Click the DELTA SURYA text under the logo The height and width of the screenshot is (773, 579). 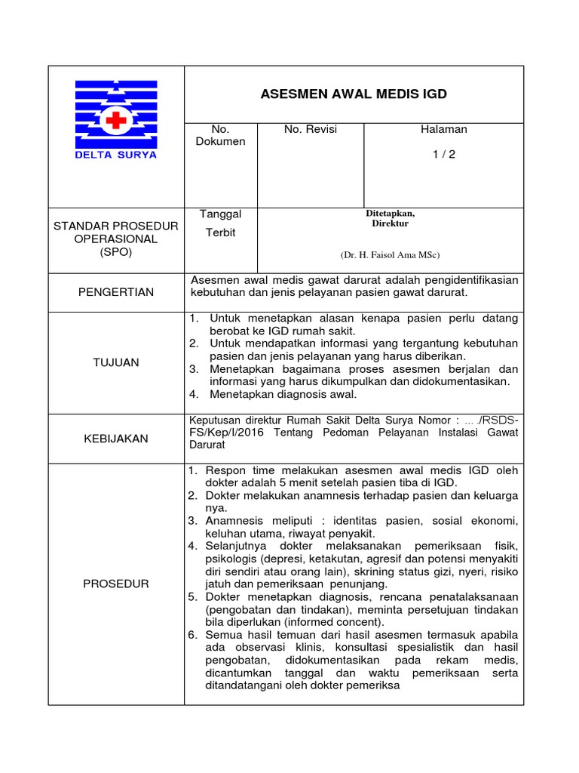(x=116, y=155)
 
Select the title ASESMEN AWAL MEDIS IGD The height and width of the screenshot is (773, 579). (x=354, y=94)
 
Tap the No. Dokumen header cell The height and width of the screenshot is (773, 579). (x=221, y=136)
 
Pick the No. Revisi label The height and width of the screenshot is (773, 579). (x=311, y=130)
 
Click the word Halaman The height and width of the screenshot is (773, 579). (x=443, y=130)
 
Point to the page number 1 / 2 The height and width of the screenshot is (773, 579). (x=443, y=155)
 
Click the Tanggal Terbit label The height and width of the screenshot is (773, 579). (x=219, y=223)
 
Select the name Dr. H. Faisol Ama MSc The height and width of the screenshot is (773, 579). (x=390, y=254)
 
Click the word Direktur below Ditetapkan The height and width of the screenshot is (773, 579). (x=390, y=223)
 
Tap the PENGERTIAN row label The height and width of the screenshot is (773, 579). (x=116, y=292)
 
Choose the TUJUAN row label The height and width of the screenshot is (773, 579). (x=116, y=362)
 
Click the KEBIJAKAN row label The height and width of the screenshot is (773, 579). (x=116, y=439)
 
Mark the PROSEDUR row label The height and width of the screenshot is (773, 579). (x=116, y=584)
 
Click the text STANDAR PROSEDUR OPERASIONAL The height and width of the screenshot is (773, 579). (x=116, y=233)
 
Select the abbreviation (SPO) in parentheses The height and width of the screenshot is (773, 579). (x=116, y=252)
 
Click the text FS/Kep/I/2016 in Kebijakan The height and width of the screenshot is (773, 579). (x=225, y=433)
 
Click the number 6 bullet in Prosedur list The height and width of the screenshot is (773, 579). (x=193, y=635)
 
